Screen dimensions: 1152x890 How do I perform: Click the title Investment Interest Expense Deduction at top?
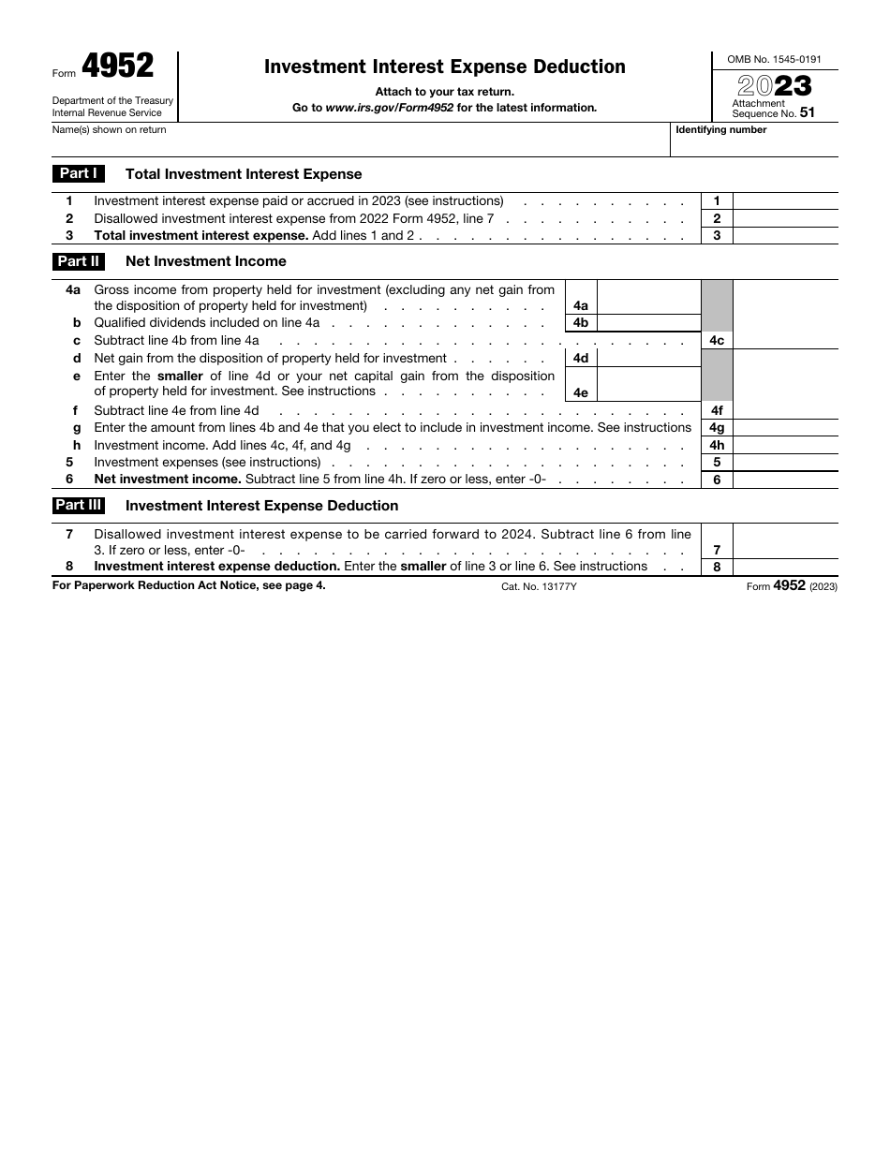coord(445,66)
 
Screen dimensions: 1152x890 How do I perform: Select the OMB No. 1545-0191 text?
coord(775,59)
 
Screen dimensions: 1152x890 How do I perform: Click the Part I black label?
coord(79,173)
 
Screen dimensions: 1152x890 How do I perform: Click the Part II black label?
coord(79,261)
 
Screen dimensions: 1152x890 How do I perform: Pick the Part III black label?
coord(79,505)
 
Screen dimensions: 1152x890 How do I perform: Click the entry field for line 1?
coord(784,201)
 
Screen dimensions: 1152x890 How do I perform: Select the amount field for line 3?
coord(784,236)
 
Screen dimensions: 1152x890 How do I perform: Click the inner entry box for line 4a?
coord(648,297)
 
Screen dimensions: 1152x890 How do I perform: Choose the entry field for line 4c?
coord(784,341)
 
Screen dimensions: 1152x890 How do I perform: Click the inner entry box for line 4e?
coord(648,384)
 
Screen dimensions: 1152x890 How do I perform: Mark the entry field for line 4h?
coord(784,446)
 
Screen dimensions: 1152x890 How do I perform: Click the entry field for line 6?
coord(784,480)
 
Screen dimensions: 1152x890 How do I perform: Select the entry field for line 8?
coord(784,567)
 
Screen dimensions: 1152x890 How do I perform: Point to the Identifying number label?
coord(720,130)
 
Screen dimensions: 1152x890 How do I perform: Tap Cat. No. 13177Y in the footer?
coord(540,586)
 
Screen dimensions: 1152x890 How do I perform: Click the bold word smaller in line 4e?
coord(180,376)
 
